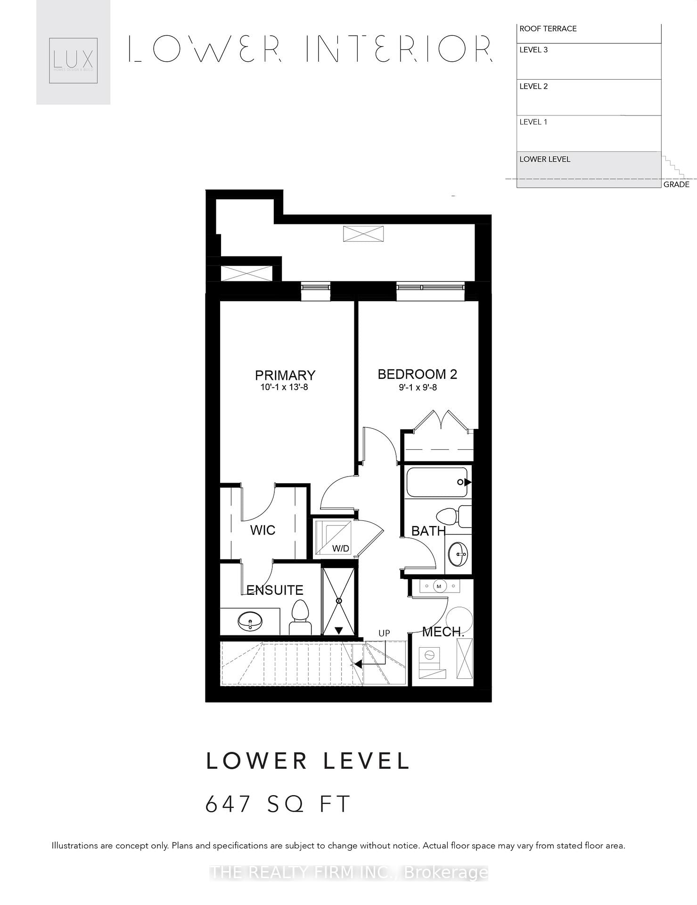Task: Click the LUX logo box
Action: [74, 60]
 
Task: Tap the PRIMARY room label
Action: [285, 375]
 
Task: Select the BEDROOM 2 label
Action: [417, 374]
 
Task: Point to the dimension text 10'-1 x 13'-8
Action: [284, 387]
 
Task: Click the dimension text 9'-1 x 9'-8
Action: [418, 387]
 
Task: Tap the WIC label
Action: [262, 530]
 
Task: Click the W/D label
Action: [340, 549]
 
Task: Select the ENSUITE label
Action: [275, 590]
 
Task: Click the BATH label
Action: [428, 531]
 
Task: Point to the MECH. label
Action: [443, 632]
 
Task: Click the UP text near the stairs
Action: [384, 633]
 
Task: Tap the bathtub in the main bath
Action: [436, 482]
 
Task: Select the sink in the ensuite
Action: [250, 621]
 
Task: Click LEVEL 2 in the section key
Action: [533, 86]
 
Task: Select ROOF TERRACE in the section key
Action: [548, 29]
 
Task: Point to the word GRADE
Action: [676, 184]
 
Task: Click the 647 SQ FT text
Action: [278, 804]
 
